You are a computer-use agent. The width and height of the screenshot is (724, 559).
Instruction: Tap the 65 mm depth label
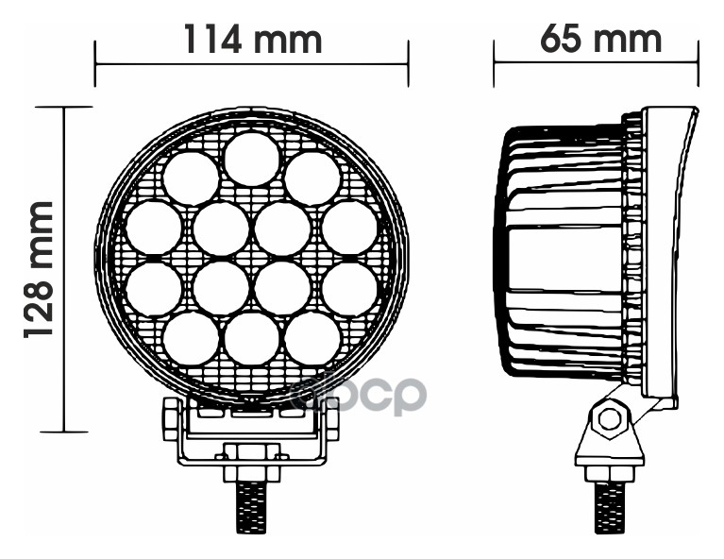[600, 40]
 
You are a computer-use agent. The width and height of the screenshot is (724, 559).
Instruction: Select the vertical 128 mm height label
[38, 270]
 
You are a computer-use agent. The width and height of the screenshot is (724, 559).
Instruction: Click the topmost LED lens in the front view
[251, 158]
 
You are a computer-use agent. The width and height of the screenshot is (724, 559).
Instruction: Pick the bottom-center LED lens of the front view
[251, 338]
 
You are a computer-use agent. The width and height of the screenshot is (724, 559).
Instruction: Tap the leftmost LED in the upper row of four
[153, 229]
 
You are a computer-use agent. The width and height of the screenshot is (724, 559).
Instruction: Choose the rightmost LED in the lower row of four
[349, 288]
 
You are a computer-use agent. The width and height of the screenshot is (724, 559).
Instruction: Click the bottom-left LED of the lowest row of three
[191, 338]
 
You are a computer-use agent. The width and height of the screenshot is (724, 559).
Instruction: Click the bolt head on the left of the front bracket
[172, 418]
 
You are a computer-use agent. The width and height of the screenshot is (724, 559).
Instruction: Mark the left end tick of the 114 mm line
[95, 64]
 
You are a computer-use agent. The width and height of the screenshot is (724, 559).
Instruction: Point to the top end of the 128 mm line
[64, 107]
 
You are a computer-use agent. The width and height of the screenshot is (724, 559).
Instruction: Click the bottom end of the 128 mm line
[64, 432]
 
